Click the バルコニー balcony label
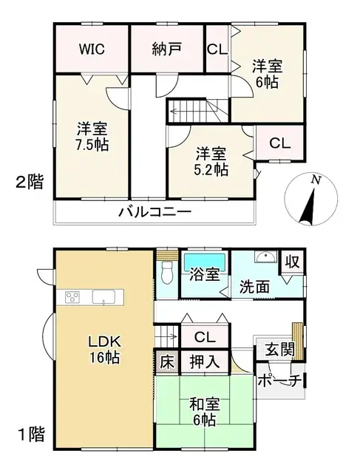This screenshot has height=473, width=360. coord(155,212)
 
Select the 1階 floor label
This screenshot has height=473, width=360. coord(30,435)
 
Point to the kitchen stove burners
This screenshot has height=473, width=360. coord(72,297)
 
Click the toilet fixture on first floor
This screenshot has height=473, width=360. coord(166,274)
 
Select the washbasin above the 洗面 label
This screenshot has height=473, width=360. coord(264,259)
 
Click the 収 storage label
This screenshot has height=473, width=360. coord(293,262)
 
